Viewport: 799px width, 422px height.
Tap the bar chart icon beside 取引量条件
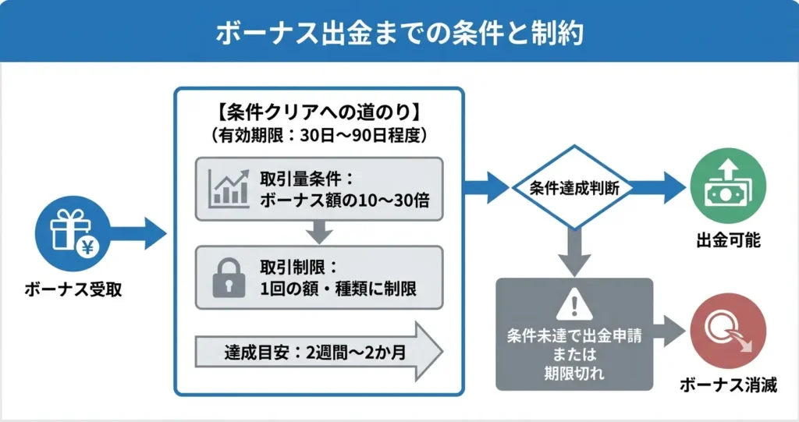tap(229, 187)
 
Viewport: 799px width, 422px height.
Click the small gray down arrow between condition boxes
tap(318, 232)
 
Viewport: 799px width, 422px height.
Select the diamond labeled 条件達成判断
tap(571, 188)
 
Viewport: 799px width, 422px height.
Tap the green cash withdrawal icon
tap(728, 187)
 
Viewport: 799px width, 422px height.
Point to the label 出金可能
tap(728, 240)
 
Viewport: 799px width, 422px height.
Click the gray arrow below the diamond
tap(572, 252)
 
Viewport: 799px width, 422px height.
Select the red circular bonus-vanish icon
tap(728, 331)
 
